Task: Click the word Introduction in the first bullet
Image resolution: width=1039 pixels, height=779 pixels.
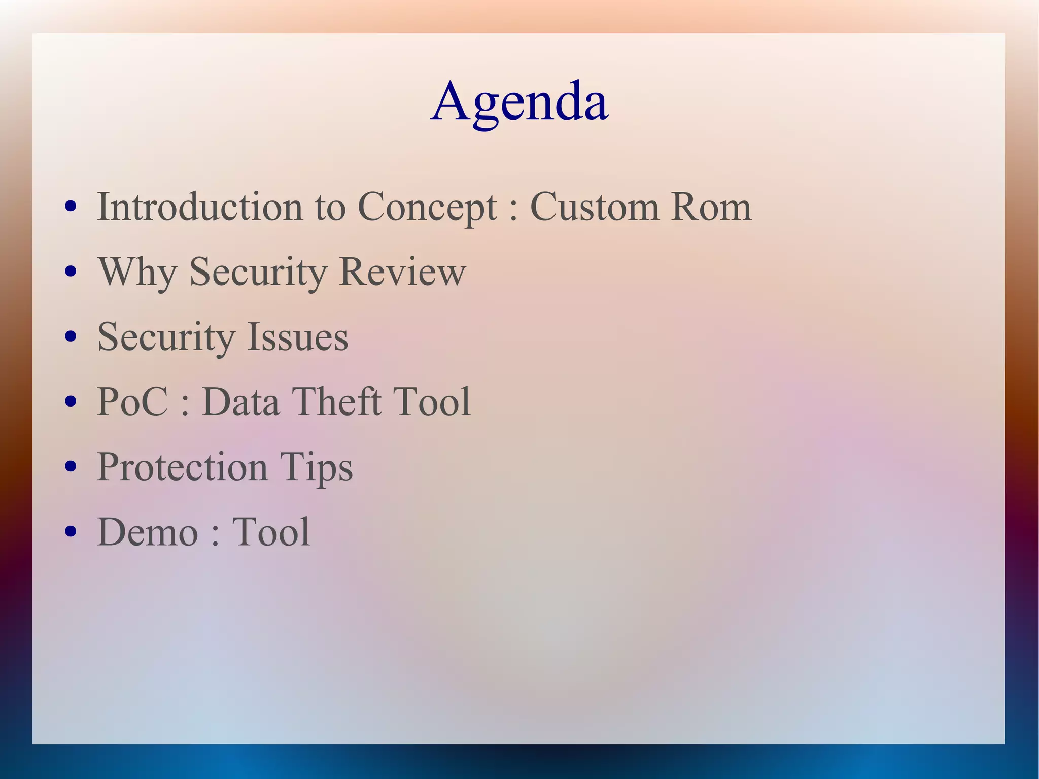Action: pos(200,207)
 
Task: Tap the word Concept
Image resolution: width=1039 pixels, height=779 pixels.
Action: pos(427,207)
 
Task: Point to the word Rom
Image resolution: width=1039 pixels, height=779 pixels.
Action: pos(711,207)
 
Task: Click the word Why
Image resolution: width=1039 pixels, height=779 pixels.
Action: pos(137,272)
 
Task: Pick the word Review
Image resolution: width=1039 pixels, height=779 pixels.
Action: pos(402,272)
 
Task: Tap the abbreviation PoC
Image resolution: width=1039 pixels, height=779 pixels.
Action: pos(132,402)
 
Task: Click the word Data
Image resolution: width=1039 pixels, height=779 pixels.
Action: pos(240,402)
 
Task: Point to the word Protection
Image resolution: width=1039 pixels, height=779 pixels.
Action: pos(182,467)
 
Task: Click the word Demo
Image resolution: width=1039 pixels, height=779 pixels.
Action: pos(147,532)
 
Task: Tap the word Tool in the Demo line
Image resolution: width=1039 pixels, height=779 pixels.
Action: pos(271,532)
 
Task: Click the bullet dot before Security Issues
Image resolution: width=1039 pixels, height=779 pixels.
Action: pos(71,336)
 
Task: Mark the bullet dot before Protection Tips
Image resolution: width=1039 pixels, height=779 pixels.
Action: pos(71,466)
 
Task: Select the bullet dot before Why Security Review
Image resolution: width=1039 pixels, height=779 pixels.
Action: pos(71,272)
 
